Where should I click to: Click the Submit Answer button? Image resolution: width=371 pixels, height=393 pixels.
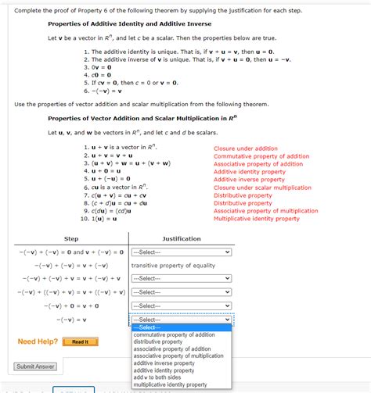click(35, 366)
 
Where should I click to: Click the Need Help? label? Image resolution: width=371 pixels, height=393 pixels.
click(38, 341)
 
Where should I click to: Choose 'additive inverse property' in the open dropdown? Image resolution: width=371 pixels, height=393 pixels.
click(165, 363)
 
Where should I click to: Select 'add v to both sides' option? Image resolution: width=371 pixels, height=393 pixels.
click(161, 377)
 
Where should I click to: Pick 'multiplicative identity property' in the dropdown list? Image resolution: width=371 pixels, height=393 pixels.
click(170, 384)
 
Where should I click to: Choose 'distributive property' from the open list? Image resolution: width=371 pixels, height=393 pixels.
click(158, 341)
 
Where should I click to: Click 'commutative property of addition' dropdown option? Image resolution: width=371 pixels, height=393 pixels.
click(175, 334)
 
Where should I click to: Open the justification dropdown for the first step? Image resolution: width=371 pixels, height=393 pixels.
click(182, 252)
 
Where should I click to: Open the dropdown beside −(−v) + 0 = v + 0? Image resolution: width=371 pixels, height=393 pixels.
click(182, 305)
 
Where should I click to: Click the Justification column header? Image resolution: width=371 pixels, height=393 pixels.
click(181, 238)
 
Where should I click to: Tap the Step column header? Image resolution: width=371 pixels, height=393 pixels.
click(70, 238)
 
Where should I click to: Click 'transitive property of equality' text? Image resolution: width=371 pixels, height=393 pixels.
click(173, 265)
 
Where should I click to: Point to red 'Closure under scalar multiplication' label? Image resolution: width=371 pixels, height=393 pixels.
click(262, 188)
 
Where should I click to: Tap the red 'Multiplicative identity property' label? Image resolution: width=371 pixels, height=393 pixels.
click(257, 219)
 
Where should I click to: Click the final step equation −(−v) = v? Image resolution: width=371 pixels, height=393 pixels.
click(71, 320)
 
